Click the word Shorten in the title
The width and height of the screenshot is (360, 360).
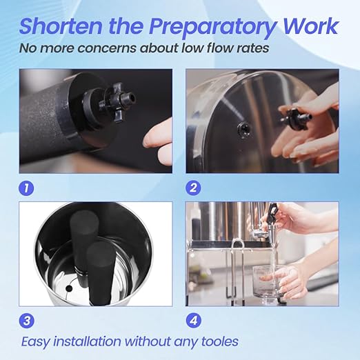click(61, 26)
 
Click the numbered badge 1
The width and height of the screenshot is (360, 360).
click(27, 186)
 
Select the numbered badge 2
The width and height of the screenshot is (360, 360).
click(194, 186)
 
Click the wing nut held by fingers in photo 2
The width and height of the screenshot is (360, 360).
click(298, 117)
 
